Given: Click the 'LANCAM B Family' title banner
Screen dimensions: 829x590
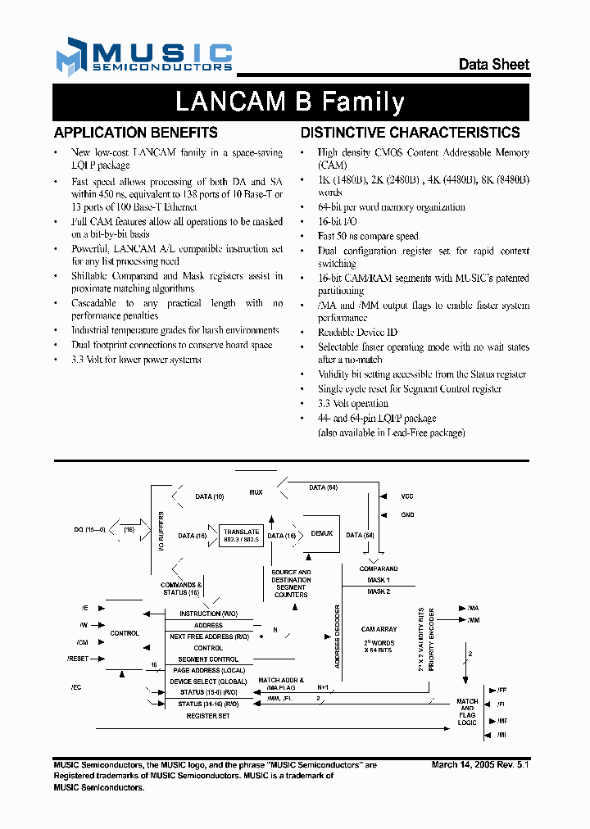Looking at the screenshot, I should (290, 102).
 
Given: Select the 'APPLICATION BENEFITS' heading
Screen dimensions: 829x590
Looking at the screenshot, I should (135, 132).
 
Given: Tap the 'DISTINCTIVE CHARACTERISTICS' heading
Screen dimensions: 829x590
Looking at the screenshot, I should (410, 132).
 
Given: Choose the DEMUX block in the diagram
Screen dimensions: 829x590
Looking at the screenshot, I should (322, 533).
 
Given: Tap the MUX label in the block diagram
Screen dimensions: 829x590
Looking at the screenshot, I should (256, 492).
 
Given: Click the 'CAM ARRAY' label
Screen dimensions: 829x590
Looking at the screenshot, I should (379, 629).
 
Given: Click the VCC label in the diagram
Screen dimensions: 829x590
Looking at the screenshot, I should (407, 496).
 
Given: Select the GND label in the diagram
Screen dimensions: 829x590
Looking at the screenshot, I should (407, 515).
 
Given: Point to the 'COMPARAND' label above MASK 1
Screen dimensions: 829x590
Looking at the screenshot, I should (379, 569).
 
